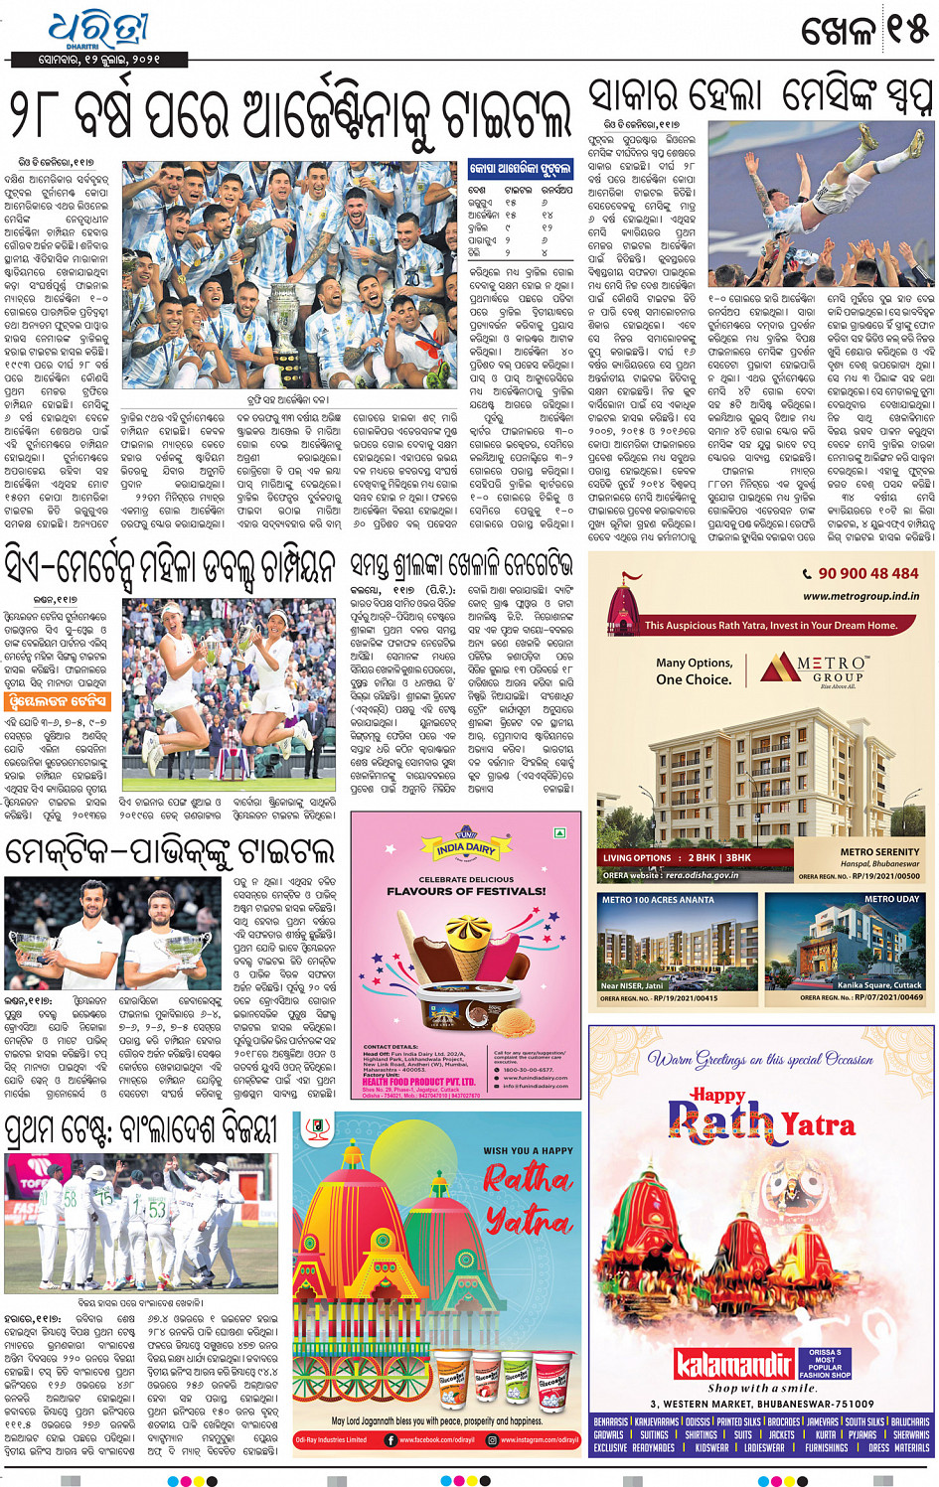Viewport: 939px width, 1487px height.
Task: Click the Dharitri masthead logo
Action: (x=97, y=31)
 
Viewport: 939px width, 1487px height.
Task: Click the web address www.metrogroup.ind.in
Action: (x=861, y=596)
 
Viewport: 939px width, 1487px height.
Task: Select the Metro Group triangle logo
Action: (x=779, y=668)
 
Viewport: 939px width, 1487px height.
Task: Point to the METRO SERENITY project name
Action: (x=879, y=851)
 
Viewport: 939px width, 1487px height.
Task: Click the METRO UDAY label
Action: (x=891, y=899)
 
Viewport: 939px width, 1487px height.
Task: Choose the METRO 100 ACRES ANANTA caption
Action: (x=658, y=900)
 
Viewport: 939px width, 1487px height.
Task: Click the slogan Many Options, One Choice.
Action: (x=694, y=671)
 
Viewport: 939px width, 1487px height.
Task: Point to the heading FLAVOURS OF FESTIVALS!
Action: (x=466, y=891)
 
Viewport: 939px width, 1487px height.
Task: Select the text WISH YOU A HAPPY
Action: (x=528, y=1150)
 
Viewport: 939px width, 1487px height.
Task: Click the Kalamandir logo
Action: (x=733, y=1364)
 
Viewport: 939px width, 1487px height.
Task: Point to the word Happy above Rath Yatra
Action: (x=718, y=1095)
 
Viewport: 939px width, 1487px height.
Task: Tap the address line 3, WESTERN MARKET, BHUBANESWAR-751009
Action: (x=762, y=1404)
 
